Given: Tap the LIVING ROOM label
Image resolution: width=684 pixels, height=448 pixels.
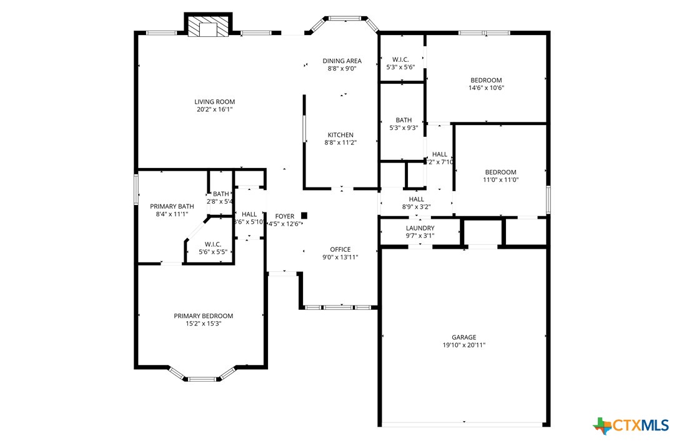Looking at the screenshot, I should [214, 102].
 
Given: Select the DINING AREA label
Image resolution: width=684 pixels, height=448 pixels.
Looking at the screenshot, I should [342, 61].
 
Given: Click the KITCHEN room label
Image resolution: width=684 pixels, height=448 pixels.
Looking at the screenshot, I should [340, 135].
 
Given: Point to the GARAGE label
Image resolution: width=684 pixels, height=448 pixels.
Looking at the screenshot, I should [464, 337].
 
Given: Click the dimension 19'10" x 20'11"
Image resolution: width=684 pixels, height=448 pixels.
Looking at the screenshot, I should [464, 345].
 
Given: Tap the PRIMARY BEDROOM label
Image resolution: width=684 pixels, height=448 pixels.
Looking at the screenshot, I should [203, 316].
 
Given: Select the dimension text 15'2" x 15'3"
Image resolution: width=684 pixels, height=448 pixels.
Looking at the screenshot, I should [203, 324].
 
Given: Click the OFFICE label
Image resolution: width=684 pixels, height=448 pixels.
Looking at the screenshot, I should [340, 249].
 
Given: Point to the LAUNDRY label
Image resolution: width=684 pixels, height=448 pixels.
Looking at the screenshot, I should [420, 228].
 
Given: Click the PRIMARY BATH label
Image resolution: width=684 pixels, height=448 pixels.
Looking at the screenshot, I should [172, 206].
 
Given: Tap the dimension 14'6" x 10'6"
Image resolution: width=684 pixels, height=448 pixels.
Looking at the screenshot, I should [486, 88].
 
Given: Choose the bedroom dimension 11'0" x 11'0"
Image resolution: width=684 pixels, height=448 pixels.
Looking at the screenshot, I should [501, 180].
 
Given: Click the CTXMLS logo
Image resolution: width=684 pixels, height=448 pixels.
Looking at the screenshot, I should [631, 426].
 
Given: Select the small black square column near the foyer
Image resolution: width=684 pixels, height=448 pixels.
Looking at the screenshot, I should [305, 215].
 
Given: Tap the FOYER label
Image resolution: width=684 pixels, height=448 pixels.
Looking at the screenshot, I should [284, 216].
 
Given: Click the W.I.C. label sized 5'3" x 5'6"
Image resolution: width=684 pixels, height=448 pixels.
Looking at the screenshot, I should [400, 59].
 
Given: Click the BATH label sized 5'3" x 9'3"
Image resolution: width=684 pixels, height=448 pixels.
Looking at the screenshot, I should [403, 120].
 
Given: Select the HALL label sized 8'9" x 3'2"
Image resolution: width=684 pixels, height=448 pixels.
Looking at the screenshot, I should [416, 199].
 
